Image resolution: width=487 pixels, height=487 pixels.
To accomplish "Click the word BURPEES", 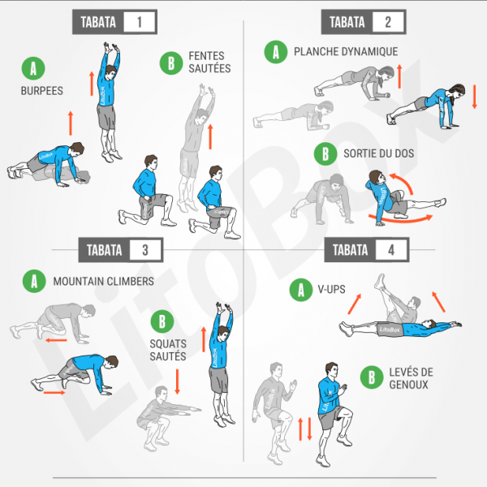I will pyautogui.click(x=41, y=91).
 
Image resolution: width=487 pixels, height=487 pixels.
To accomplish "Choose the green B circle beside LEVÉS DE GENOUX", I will pyautogui.click(x=372, y=377).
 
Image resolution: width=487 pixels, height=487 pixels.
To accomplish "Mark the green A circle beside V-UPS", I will pyautogui.click(x=300, y=289).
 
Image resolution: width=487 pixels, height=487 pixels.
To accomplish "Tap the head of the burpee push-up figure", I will pyautogui.click(x=76, y=150).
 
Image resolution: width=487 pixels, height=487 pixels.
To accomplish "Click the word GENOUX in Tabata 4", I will pyautogui.click(x=410, y=384).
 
